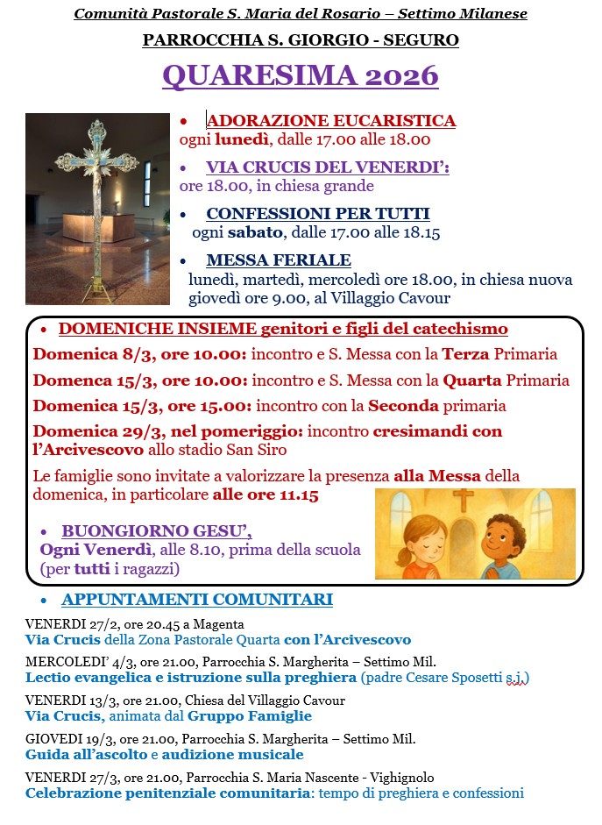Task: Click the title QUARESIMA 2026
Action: click(x=301, y=75)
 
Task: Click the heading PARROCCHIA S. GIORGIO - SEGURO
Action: click(x=301, y=40)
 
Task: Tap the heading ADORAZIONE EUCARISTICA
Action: click(x=330, y=121)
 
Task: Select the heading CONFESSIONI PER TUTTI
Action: click(x=317, y=214)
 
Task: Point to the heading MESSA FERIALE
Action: click(x=278, y=260)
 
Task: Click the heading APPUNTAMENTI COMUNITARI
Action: click(x=196, y=600)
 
